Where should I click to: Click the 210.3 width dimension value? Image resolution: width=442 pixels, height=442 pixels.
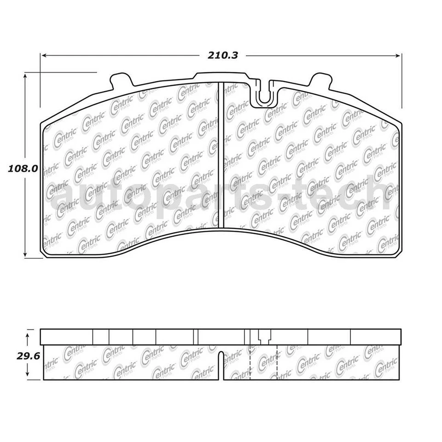click(x=223, y=55)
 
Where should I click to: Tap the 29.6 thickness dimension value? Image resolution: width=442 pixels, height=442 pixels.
click(x=16, y=355)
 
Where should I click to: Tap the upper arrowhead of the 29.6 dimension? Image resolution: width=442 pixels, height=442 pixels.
click(x=29, y=337)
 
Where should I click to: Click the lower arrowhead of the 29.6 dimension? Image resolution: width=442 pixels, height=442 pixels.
click(x=29, y=375)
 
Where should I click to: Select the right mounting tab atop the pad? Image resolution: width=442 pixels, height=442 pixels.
click(x=320, y=80)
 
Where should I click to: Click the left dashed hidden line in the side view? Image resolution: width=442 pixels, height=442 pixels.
click(x=249, y=361)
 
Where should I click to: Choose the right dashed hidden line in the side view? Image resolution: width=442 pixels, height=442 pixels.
click(x=277, y=361)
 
